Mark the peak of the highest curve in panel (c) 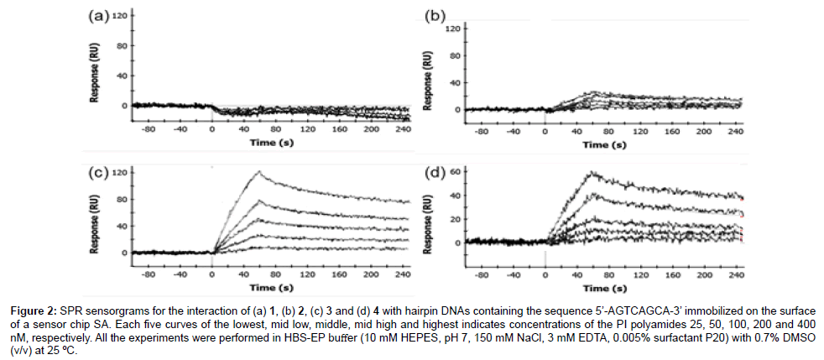click(260, 172)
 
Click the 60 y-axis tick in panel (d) click(455, 171)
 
